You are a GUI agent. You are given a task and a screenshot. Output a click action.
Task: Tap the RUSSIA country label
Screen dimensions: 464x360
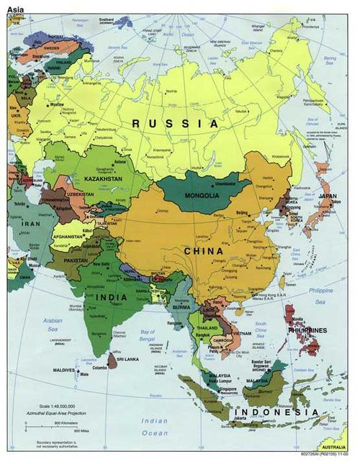(174, 124)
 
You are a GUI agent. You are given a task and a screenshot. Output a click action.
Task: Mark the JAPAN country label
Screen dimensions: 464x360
(328, 196)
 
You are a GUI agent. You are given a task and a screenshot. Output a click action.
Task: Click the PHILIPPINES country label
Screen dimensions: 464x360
(309, 330)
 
